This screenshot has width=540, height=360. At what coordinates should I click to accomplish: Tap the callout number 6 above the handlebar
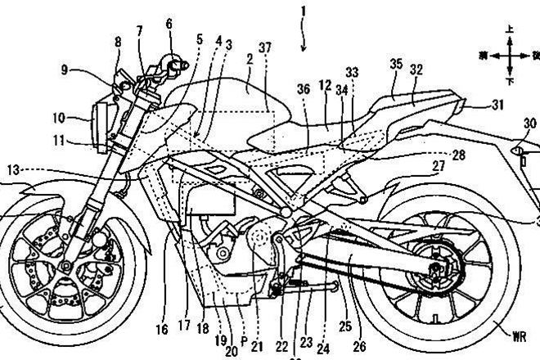[169, 24]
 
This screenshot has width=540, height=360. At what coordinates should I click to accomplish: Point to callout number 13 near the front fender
[11, 169]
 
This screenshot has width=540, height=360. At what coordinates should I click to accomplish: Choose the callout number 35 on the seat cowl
[397, 63]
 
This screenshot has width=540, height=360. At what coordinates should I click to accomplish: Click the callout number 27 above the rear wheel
[439, 167]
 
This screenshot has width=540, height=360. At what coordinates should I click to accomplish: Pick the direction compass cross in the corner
[509, 56]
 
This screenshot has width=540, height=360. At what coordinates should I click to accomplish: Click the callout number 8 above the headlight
[118, 41]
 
